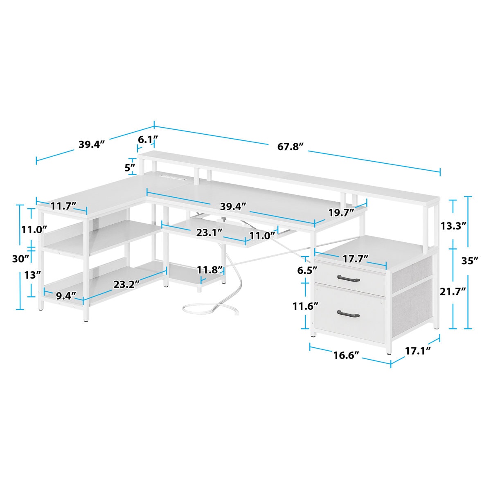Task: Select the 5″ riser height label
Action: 130,167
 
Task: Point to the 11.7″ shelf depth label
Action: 62,207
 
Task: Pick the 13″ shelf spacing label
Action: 29,275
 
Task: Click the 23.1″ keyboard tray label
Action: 209,232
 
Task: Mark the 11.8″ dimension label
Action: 210,270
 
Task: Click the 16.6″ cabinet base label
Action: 346,355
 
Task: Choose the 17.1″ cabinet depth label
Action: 418,351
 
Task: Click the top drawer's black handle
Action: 348,279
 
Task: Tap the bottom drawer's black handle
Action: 348,314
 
